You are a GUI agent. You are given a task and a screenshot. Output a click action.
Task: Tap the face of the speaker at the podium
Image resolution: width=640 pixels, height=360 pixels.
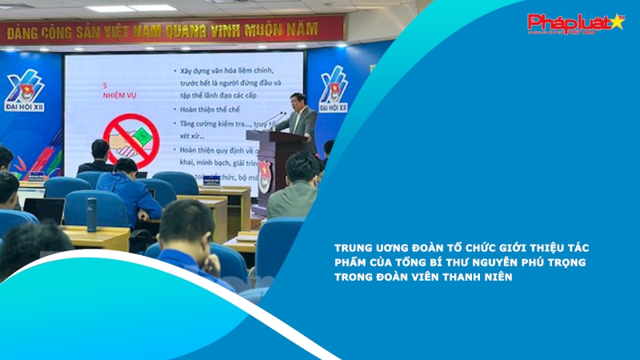pyautogui.click(x=300, y=101)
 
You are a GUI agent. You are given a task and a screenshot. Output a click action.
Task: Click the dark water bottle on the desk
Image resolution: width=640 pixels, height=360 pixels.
pyautogui.click(x=92, y=214)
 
